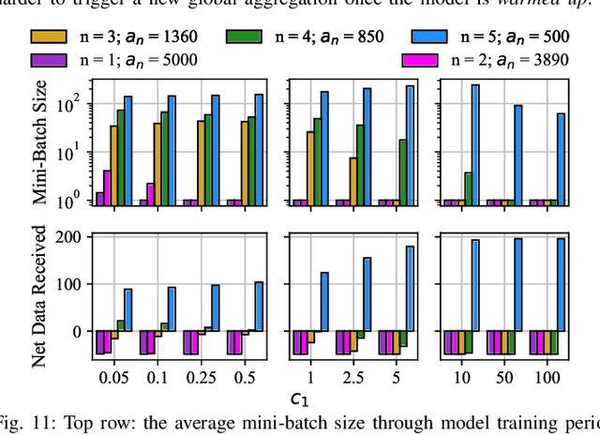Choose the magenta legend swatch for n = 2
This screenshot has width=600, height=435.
tap(421, 60)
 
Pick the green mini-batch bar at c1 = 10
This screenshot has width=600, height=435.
tap(468, 188)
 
